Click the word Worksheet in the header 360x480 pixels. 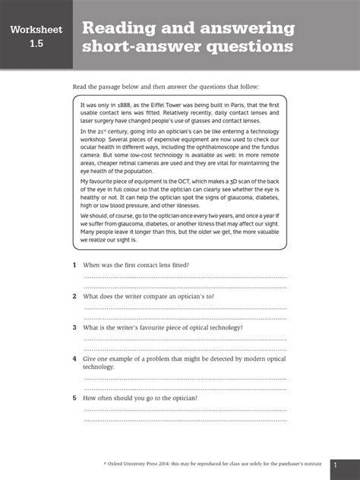coord(36,30)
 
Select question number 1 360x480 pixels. coord(74,265)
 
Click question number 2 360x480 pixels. coord(74,296)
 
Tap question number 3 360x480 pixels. coord(74,327)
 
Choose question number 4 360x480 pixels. coord(74,358)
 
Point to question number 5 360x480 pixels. coord(74,398)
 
